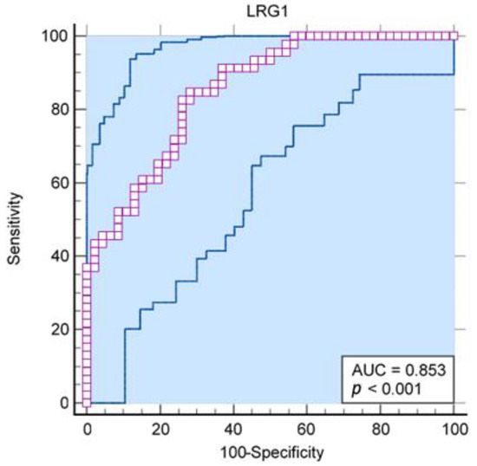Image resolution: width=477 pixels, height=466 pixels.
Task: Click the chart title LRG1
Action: coord(270,11)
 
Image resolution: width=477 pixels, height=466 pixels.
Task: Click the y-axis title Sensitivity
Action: coord(15,220)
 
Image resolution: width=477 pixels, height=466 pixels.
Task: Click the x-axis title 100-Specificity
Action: coord(270,452)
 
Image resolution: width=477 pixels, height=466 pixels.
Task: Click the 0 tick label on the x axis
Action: coord(87,429)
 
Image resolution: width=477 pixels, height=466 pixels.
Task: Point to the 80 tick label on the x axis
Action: coord(381,429)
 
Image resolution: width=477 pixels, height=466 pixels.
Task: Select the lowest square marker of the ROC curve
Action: coord(87,402)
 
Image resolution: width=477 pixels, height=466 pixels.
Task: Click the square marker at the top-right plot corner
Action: coord(454,36)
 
